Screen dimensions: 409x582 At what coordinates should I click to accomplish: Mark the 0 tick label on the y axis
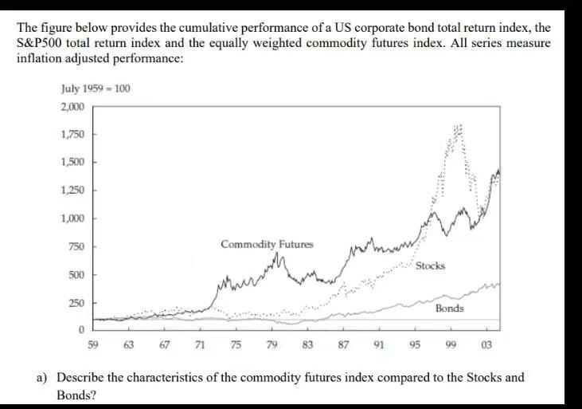coord(80,329)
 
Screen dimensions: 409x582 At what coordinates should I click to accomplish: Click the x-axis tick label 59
coord(93,344)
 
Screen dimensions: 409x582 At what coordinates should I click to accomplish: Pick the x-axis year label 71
coord(200,344)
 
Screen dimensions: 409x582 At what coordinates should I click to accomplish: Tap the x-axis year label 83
coord(307,344)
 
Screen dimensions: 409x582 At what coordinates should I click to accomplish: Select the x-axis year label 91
coord(378,344)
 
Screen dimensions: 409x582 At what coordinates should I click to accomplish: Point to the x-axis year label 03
coord(486,344)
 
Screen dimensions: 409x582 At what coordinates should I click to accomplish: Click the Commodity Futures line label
coord(267,243)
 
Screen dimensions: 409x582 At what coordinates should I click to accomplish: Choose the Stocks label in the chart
coord(430,265)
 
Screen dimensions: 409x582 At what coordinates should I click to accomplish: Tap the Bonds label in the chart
coord(449,308)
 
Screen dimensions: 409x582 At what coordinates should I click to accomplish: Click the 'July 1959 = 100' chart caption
coord(95,87)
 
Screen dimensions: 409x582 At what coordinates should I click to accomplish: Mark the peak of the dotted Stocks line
coord(458,128)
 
